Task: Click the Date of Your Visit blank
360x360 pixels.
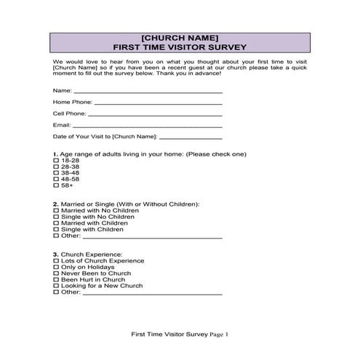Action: (191, 137)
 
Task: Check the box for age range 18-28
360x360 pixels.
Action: (56, 161)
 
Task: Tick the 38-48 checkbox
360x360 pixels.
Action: (56, 172)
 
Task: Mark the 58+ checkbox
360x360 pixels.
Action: (56, 185)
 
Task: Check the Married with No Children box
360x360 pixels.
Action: (56, 210)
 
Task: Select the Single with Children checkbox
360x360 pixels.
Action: (56, 229)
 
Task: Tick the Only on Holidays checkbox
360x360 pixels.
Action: (56, 267)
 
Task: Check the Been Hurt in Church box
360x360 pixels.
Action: (56, 279)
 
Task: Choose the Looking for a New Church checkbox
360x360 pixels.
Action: (56, 286)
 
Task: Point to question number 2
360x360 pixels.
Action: (55, 204)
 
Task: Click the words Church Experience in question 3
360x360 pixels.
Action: (87, 254)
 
